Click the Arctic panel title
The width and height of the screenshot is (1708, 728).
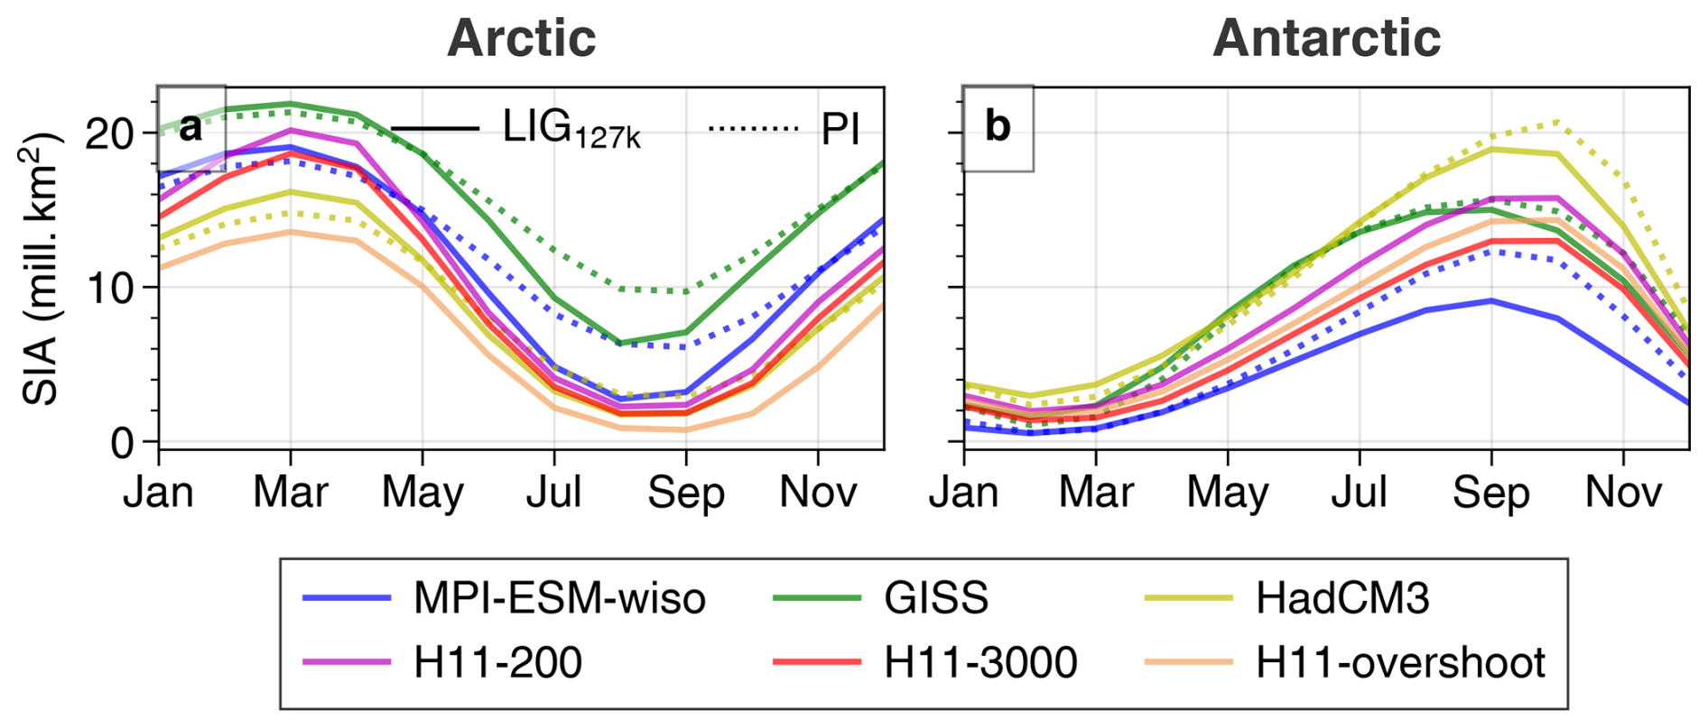pos(522,38)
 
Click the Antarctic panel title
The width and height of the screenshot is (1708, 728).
pos(1326,38)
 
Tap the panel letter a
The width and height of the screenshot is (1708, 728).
pos(190,127)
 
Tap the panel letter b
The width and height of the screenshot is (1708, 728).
pos(997,126)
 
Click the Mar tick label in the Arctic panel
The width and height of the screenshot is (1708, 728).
pos(290,493)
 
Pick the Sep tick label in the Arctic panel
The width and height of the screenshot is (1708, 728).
pos(686,493)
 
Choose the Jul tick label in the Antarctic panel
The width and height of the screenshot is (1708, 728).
pos(1360,493)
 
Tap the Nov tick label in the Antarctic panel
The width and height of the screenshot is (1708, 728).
pos(1623,493)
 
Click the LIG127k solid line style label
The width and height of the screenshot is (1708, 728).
pos(571,129)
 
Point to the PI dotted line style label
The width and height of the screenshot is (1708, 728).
pos(840,130)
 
